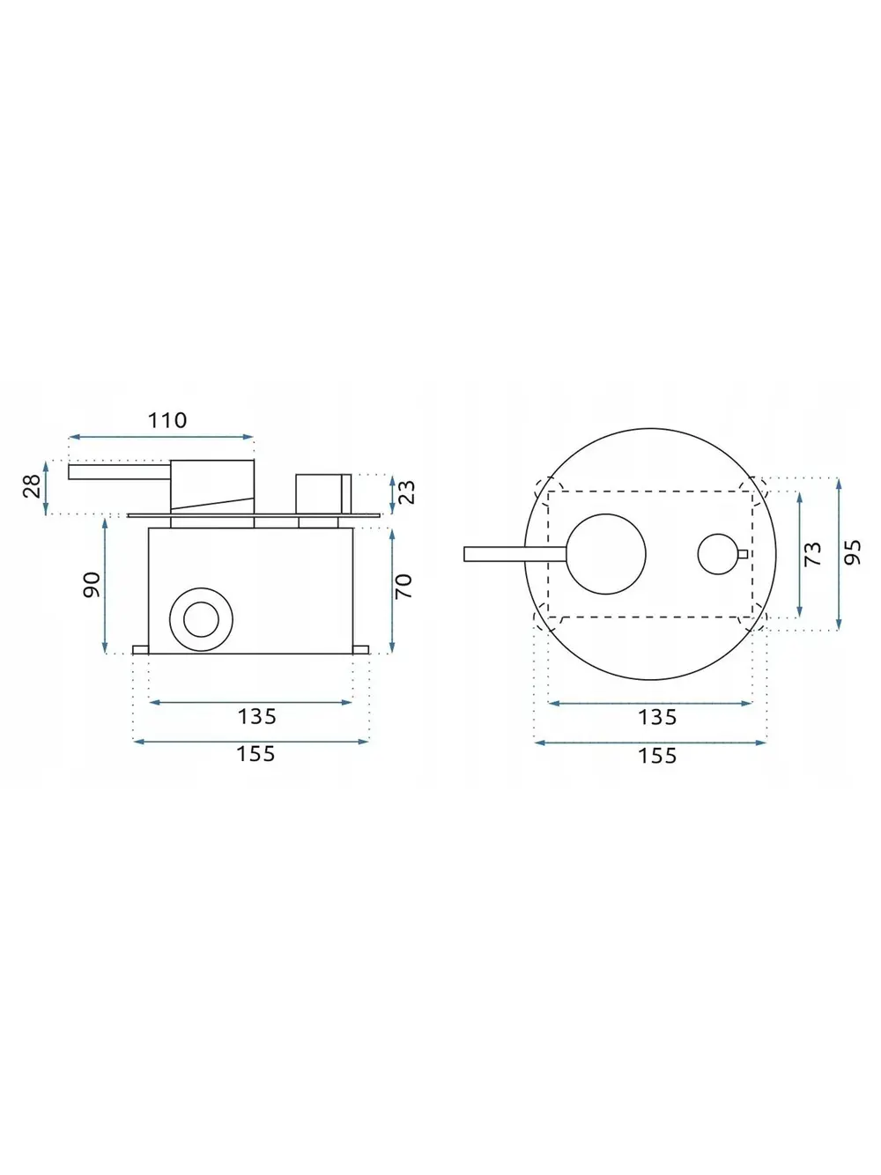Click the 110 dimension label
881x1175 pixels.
click(x=167, y=420)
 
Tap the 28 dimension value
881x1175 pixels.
click(x=32, y=486)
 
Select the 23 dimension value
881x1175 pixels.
click(x=407, y=492)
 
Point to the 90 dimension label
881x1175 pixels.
click(x=92, y=585)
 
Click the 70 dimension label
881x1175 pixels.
click(x=403, y=586)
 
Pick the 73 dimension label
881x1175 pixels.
click(x=812, y=555)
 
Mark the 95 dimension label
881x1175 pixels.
click(x=852, y=552)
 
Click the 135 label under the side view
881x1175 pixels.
click(x=257, y=716)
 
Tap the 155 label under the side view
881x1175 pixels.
click(x=255, y=754)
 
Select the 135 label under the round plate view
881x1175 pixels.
click(x=657, y=717)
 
